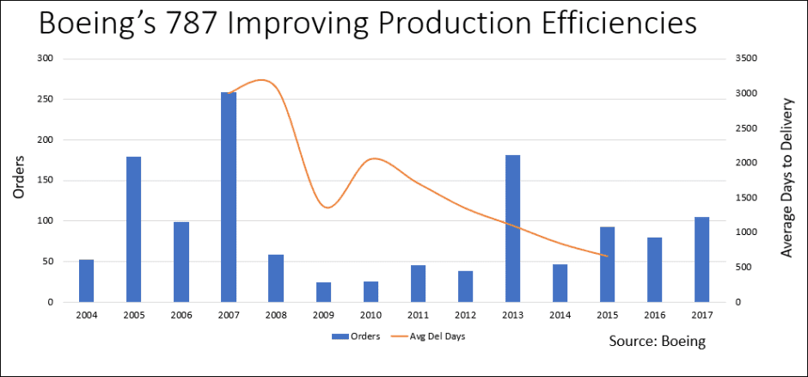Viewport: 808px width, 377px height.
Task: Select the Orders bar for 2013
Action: pyautogui.click(x=512, y=228)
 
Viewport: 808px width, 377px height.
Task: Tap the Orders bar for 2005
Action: pyautogui.click(x=133, y=229)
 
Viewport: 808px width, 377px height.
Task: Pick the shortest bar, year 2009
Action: pyautogui.click(x=322, y=292)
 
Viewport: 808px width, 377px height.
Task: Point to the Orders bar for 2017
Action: pyautogui.click(x=701, y=259)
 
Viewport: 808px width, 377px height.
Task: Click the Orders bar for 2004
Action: pyautogui.click(x=86, y=281)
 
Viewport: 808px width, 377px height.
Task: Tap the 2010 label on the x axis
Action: pyautogui.click(x=370, y=314)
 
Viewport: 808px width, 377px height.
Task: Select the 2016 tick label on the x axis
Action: pyautogui.click(x=654, y=314)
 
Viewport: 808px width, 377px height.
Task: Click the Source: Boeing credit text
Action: pyautogui.click(x=658, y=342)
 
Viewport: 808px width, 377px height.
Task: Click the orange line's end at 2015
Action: pyautogui.click(x=607, y=256)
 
